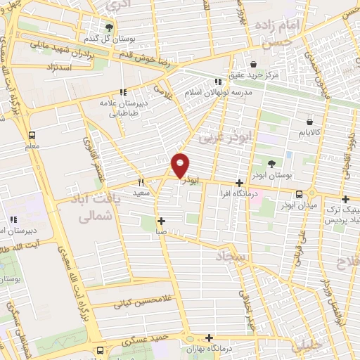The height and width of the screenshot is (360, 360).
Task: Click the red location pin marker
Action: (x=181, y=165)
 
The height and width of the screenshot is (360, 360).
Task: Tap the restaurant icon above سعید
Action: (x=142, y=181)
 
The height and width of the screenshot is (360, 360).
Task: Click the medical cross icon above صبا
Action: (x=161, y=221)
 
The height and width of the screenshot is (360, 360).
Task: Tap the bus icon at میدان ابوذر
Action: (x=300, y=194)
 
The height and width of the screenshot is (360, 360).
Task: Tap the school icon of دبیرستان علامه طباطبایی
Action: (x=123, y=91)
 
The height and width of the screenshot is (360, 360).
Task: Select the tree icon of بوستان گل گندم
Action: (x=109, y=27)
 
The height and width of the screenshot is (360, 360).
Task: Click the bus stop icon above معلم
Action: (x=32, y=136)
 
